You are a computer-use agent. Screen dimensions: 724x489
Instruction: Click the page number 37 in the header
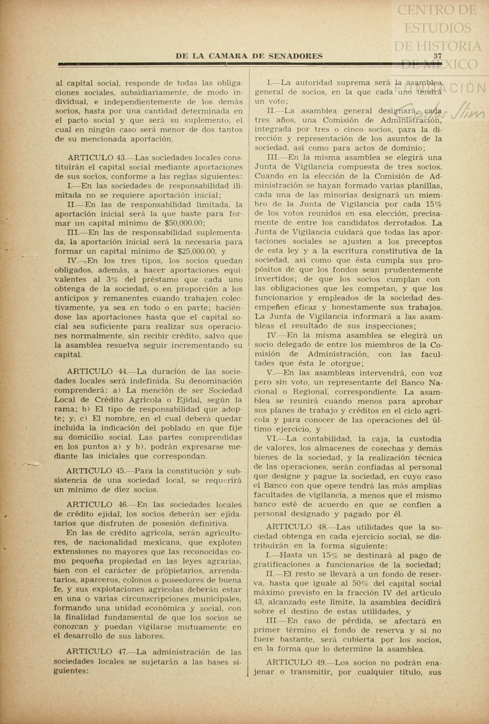click(438, 56)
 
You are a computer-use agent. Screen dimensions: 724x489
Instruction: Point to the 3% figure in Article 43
click(112, 280)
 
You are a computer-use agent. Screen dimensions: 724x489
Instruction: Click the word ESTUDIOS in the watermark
click(438, 28)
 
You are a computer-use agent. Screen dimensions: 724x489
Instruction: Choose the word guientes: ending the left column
click(71, 671)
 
